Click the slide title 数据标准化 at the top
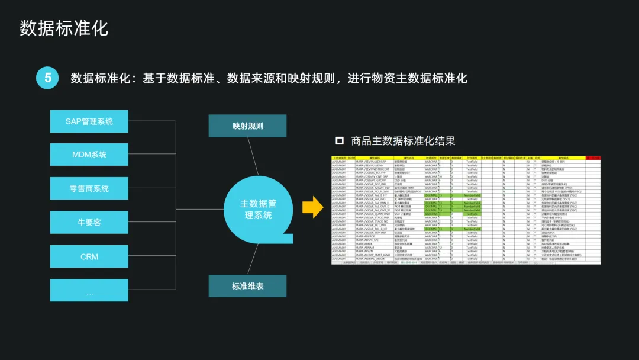(x=64, y=28)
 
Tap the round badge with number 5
(x=47, y=78)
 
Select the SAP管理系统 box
(x=89, y=121)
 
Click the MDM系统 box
(x=89, y=155)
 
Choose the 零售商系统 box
(x=89, y=188)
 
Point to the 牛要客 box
(x=89, y=223)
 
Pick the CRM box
(x=89, y=257)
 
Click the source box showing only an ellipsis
(x=89, y=291)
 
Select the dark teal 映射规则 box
(x=247, y=126)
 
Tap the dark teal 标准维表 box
(x=247, y=286)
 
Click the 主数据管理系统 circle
(x=258, y=209)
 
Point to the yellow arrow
(x=312, y=207)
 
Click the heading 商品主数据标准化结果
(x=403, y=141)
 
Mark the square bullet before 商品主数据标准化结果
(x=340, y=141)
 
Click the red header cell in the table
(x=593, y=158)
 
